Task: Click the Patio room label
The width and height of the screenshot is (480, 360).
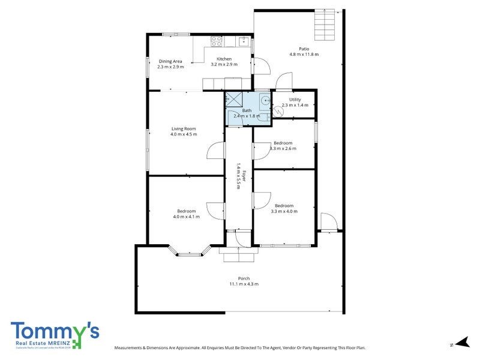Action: [x=304, y=49]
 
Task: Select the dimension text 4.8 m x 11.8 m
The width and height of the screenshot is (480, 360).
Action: [x=304, y=55]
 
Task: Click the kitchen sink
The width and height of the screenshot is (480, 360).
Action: [x=243, y=41]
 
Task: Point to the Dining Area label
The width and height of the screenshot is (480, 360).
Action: [x=170, y=61]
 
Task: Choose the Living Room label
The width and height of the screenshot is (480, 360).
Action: [x=184, y=129]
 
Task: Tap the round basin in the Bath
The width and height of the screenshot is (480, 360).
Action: [x=265, y=100]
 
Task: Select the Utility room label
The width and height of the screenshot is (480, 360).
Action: [x=295, y=100]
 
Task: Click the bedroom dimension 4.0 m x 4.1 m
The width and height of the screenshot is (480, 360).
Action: [x=186, y=217]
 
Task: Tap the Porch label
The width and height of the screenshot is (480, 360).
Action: [x=244, y=278]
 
